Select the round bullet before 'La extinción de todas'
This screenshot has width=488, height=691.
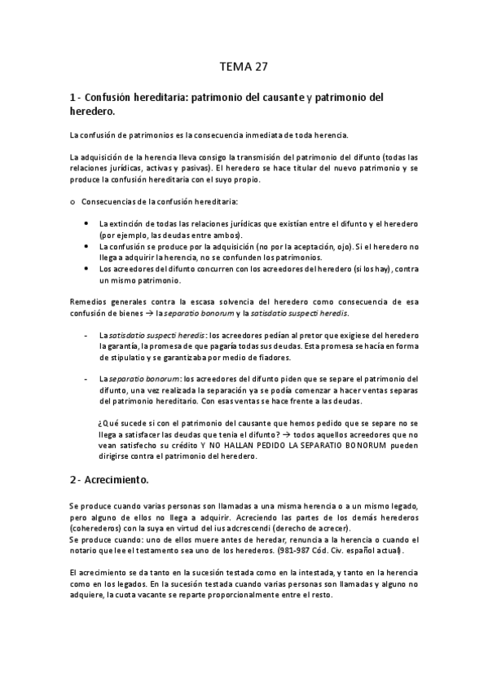coord(87,222)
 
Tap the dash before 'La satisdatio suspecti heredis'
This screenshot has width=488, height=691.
coord(87,335)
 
